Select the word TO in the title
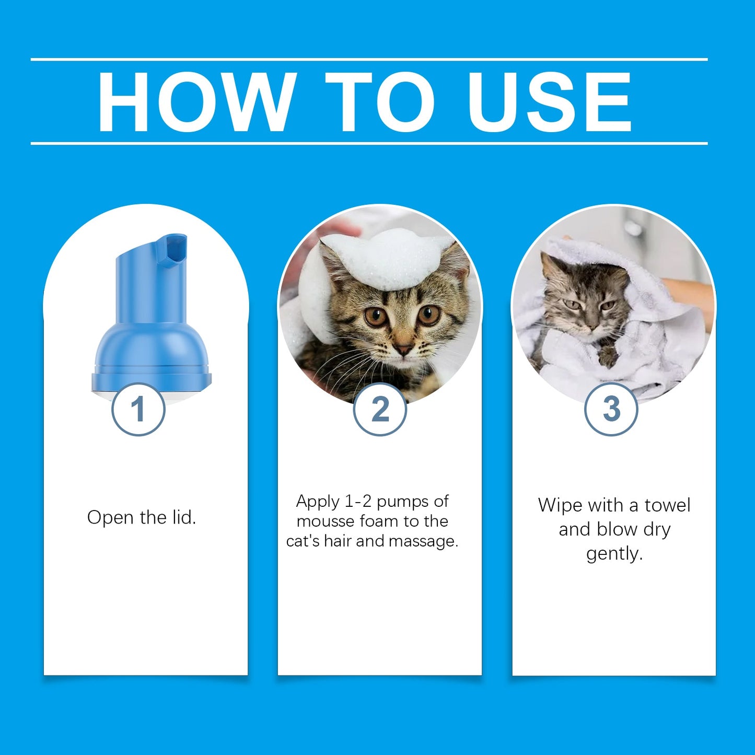click(x=380, y=102)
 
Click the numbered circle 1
click(x=138, y=409)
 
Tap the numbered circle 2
click(x=380, y=409)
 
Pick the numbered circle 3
click(x=611, y=409)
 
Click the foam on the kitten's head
click(x=387, y=259)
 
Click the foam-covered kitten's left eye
click(x=429, y=315)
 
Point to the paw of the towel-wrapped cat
click(x=607, y=358)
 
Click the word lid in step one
click(x=184, y=517)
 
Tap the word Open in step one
click(x=111, y=517)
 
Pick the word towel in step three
click(x=667, y=505)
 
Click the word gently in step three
click(x=614, y=553)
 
